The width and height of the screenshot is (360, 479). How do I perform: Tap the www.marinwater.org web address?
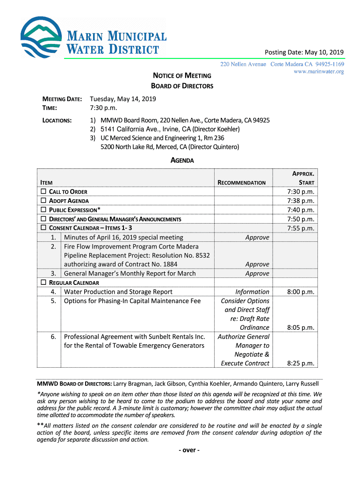(319, 72)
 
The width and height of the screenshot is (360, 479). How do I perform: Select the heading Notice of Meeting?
(182, 75)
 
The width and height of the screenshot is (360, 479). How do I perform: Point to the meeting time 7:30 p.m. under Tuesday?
(103, 108)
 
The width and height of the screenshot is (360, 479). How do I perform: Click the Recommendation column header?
(242, 183)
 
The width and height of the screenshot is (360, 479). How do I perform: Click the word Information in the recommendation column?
(252, 292)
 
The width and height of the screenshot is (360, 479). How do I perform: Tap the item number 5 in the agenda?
(54, 301)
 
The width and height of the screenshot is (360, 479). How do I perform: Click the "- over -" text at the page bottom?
(182, 450)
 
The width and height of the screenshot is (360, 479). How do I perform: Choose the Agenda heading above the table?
(182, 160)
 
